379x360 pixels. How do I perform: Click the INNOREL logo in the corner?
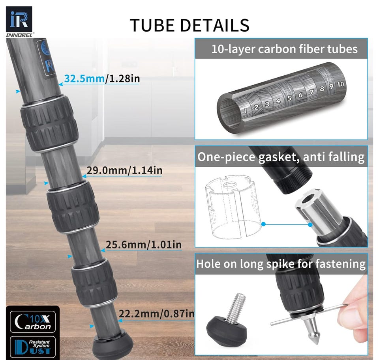pyautogui.click(x=19, y=22)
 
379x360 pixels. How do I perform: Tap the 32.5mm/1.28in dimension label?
pyautogui.click(x=102, y=79)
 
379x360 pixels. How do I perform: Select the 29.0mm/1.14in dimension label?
pyautogui.click(x=124, y=170)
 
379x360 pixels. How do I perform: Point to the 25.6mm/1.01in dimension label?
pyautogui.click(x=144, y=244)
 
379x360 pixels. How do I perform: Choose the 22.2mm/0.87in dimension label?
pyautogui.click(x=156, y=313)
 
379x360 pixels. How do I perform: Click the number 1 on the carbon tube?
pyautogui.click(x=246, y=111)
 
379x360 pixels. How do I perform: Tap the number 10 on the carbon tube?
pyautogui.click(x=340, y=84)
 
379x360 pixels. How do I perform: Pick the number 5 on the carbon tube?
pyautogui.click(x=289, y=98)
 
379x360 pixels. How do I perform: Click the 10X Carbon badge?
pyautogui.click(x=33, y=322)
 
